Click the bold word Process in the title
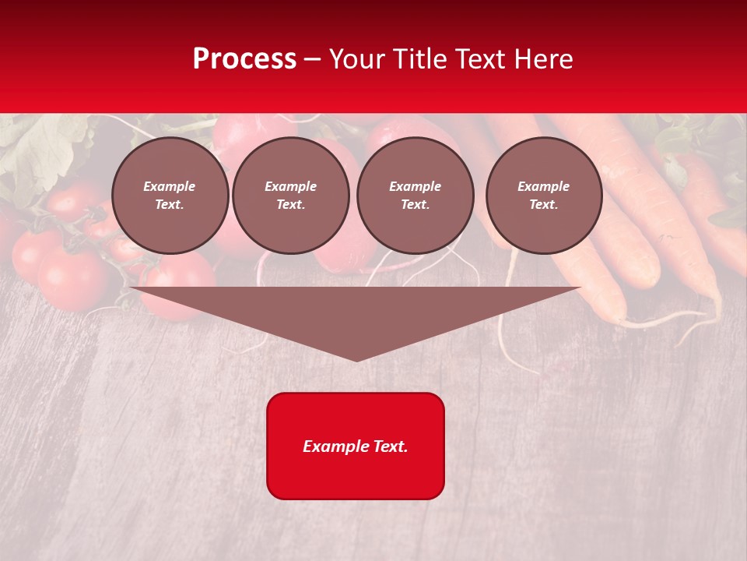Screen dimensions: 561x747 (x=244, y=59)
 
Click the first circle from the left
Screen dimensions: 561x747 (x=170, y=196)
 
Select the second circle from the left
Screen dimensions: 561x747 (x=291, y=196)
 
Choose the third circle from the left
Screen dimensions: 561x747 (x=416, y=196)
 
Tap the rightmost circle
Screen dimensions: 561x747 (x=544, y=196)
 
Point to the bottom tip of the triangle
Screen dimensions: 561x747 (x=356, y=360)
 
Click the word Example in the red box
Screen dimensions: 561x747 (x=335, y=446)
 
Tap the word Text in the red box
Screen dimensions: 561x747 (x=390, y=446)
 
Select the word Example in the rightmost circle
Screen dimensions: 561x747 (x=544, y=186)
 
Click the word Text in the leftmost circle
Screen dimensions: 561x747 (x=170, y=205)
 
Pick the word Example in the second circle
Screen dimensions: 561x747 (x=291, y=186)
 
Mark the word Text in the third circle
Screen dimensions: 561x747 (x=416, y=205)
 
